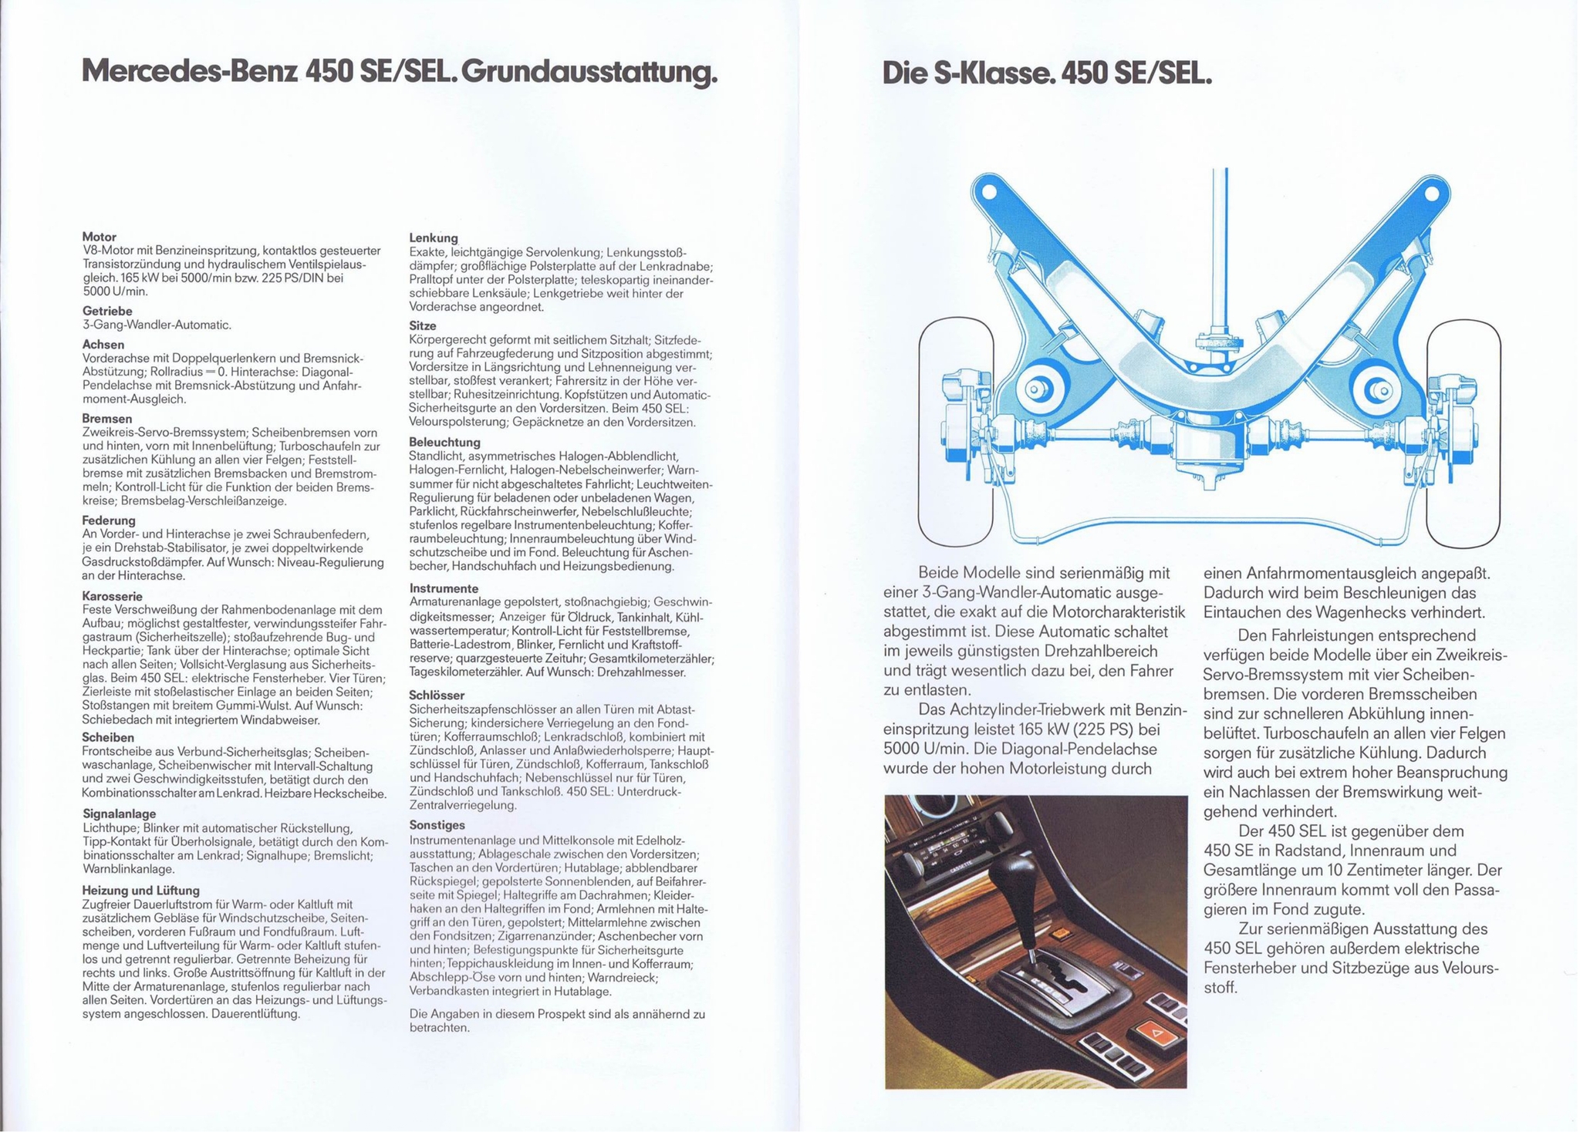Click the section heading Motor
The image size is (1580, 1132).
[x=100, y=237]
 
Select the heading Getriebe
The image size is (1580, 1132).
[x=107, y=311]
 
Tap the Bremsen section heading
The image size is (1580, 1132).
[x=107, y=419]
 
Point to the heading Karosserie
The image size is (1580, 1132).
[x=113, y=596]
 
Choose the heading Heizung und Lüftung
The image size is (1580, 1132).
[x=141, y=890]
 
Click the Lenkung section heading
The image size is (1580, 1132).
[x=434, y=238]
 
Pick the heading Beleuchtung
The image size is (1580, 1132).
[x=445, y=443]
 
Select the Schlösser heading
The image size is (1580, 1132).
[x=437, y=695]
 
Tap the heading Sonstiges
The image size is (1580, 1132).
[x=437, y=825]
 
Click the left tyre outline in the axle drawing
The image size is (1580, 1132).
[x=956, y=432]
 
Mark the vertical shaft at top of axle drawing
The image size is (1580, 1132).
[x=1220, y=247]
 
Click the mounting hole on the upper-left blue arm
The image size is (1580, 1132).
[x=990, y=190]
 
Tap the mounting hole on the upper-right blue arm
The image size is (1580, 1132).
[x=1431, y=192]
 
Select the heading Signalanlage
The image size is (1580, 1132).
[x=120, y=814]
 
